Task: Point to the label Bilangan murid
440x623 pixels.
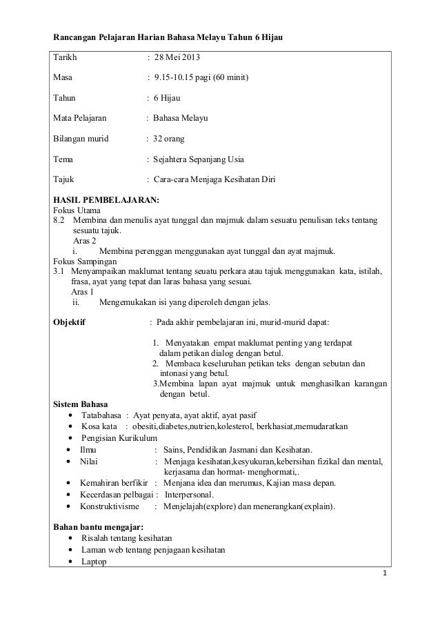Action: (x=81, y=139)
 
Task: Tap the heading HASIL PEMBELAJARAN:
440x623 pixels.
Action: (x=106, y=200)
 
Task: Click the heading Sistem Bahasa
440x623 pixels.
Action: (x=80, y=404)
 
